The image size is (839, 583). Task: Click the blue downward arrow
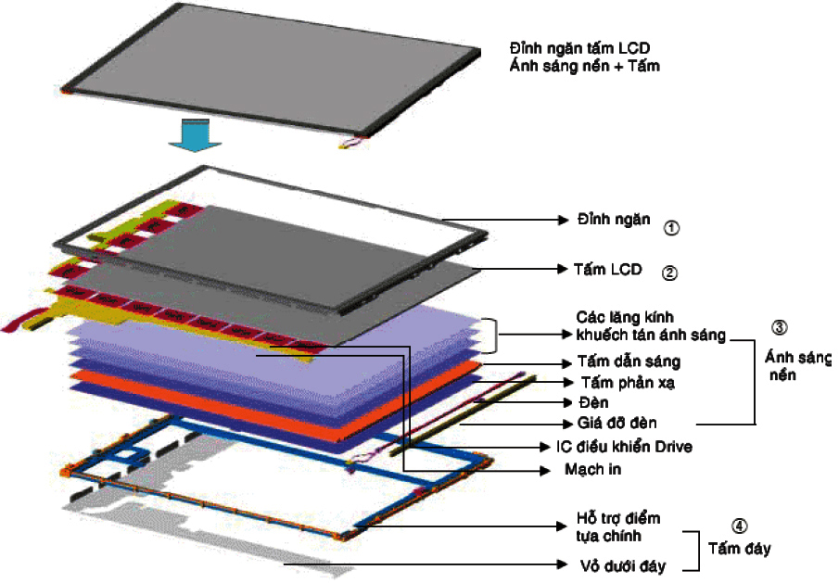pos(189,137)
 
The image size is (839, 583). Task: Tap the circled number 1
pos(672,226)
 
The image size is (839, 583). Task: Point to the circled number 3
pos(779,327)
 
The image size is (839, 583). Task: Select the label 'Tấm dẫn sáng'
pos(629,362)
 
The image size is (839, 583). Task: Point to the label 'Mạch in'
pos(592,469)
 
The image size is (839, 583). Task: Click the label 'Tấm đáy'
pos(739,549)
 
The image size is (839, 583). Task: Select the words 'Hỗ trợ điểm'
pos(617,518)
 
